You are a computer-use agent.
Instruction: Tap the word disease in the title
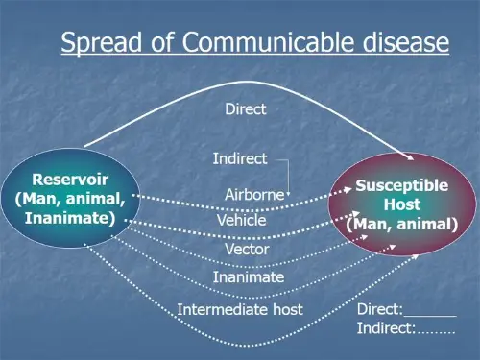[x=403, y=43]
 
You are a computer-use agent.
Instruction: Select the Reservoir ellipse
[x=66, y=199]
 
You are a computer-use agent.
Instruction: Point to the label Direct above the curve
[x=245, y=109]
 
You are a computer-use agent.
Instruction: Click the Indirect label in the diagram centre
[x=239, y=158]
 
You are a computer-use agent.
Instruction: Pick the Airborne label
[x=254, y=194]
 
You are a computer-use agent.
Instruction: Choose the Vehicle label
[x=242, y=220]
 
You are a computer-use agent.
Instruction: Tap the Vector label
[x=247, y=250]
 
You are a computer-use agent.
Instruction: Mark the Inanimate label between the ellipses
[x=249, y=277]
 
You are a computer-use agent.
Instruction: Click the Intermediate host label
[x=240, y=309]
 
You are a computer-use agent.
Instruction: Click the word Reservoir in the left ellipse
[x=70, y=179]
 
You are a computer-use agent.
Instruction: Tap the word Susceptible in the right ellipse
[x=402, y=185]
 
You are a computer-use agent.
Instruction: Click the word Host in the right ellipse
[x=402, y=204]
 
